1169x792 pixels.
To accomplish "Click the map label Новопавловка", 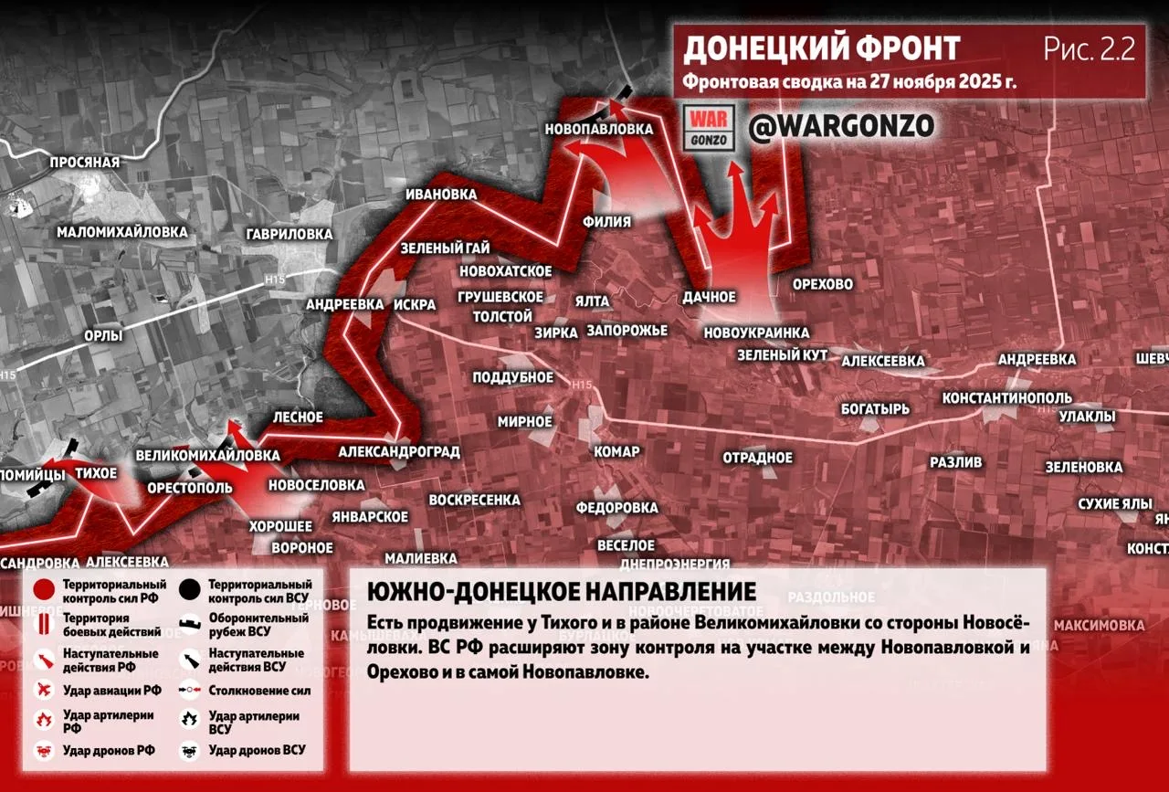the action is pyautogui.click(x=599, y=129).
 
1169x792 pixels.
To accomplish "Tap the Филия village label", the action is pyautogui.click(x=606, y=222).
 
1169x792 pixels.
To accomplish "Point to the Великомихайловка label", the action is pyautogui.click(x=207, y=455).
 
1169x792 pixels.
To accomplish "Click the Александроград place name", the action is pyautogui.click(x=399, y=451).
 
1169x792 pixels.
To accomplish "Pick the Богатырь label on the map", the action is pyautogui.click(x=875, y=408).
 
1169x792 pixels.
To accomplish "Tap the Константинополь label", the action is pyautogui.click(x=1007, y=398).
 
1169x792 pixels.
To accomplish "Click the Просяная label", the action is pyautogui.click(x=86, y=163).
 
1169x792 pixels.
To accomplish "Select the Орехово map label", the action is pyautogui.click(x=822, y=284).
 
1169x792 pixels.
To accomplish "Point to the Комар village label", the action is pyautogui.click(x=616, y=451).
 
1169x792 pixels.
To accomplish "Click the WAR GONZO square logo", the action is pyautogui.click(x=710, y=129).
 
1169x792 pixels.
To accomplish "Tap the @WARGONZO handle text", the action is pyautogui.click(x=841, y=127).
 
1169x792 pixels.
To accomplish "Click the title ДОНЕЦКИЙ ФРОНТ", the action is pyautogui.click(x=821, y=48).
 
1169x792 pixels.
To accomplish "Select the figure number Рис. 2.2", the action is pyautogui.click(x=1090, y=49).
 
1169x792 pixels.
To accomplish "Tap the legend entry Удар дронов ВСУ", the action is pyautogui.click(x=257, y=750).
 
